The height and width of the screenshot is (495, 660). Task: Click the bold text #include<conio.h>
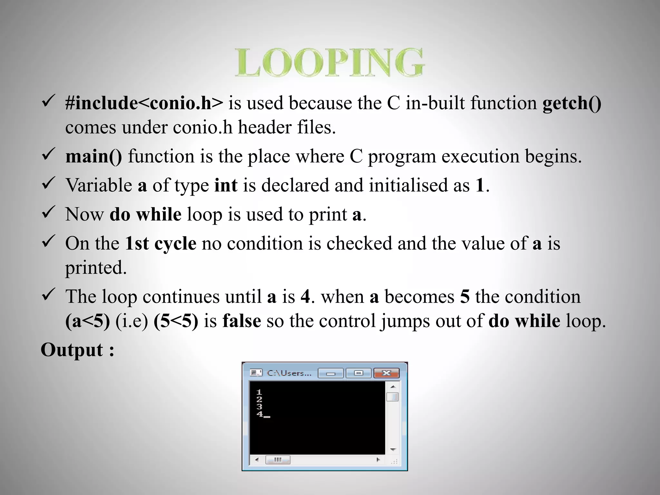tap(144, 103)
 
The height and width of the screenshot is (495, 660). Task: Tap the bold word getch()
tap(572, 103)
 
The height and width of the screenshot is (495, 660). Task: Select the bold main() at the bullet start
tap(94, 156)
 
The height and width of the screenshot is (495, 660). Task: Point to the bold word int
tap(226, 185)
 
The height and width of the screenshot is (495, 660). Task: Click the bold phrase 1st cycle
tap(160, 243)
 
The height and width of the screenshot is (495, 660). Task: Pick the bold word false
tap(242, 321)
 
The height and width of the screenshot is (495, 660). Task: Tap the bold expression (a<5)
tap(88, 321)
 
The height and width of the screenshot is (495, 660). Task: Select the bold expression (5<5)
tap(176, 321)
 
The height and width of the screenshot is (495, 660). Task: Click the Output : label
tap(77, 350)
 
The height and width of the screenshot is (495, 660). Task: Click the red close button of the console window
tap(386, 373)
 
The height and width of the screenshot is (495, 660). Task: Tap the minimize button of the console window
tap(331, 374)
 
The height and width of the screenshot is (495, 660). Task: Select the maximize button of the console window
tap(358, 373)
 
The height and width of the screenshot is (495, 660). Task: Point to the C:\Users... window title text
tap(289, 373)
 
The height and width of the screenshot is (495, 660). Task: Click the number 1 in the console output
tap(259, 392)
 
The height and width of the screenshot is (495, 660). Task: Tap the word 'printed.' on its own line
tap(96, 267)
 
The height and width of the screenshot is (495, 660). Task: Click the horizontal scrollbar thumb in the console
tap(278, 460)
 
